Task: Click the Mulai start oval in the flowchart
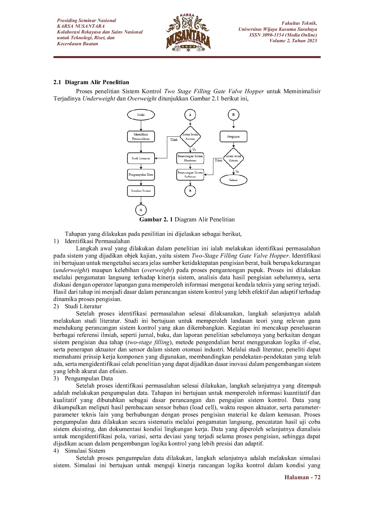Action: pos(141,115)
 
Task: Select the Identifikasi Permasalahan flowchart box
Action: pos(141,136)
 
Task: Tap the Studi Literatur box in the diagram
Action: pos(141,158)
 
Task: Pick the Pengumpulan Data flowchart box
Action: pos(141,175)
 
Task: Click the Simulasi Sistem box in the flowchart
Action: pos(141,191)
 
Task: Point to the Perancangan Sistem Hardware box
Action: pos(190,158)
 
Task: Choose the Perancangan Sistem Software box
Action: pos(190,175)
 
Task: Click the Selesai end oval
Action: pos(233,180)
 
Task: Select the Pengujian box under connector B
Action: pos(233,136)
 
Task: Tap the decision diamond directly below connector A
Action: pos(190,137)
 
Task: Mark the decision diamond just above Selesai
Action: pos(233,158)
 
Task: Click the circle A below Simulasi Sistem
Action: pos(141,210)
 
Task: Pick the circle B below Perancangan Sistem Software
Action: pos(190,191)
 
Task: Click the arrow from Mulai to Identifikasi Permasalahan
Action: pos(141,125)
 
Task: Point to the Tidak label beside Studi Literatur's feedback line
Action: pos(174,140)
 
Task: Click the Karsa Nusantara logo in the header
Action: pos(188,32)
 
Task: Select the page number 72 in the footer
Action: pos(317,477)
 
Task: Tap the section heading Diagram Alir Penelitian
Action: pos(97,82)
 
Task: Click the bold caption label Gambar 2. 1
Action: pos(156,220)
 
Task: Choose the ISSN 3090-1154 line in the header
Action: pos(283,35)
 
